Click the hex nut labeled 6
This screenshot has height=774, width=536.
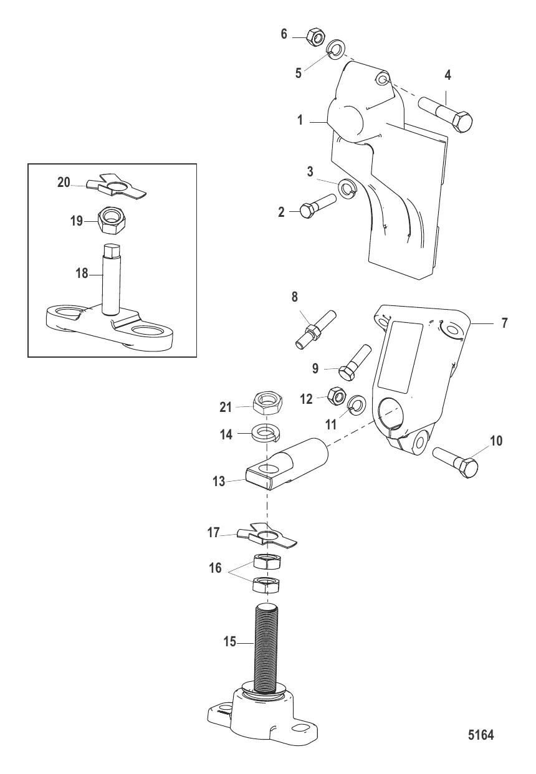(315, 36)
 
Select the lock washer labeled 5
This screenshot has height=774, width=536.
(334, 49)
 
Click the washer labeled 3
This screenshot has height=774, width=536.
(348, 188)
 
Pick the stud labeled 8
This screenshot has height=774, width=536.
(315, 329)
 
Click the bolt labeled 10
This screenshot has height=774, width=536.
(456, 462)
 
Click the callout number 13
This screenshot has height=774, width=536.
(219, 481)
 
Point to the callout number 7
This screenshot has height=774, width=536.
(504, 323)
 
